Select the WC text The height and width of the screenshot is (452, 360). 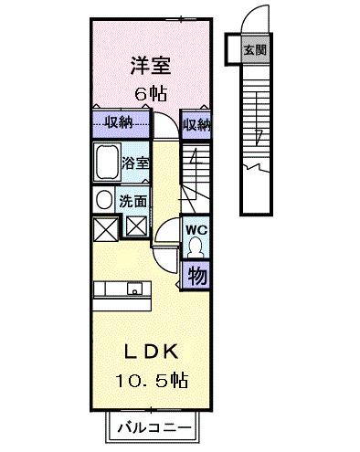coord(195,230)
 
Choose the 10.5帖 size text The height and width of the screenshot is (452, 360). coord(150,379)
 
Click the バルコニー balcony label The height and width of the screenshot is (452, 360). coord(153,426)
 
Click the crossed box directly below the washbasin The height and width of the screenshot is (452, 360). coord(102,226)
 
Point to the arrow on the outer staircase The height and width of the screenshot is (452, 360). coord(259,137)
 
